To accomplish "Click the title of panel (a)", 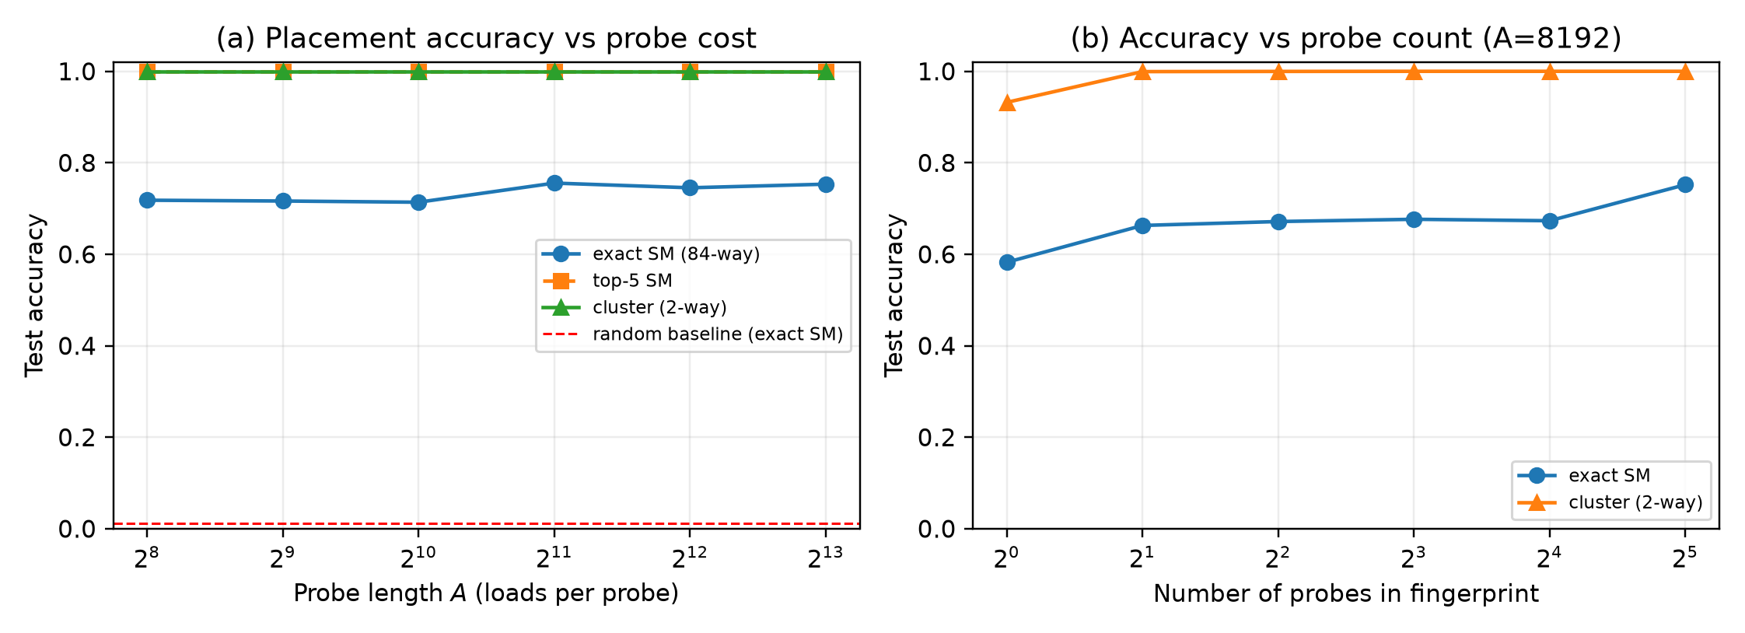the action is (486, 38).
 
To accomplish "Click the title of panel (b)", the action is (1346, 38).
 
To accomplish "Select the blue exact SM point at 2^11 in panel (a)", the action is (554, 184).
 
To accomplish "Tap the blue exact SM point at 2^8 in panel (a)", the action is (147, 201).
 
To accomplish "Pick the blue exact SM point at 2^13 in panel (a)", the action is (826, 184).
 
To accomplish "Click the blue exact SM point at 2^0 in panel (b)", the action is (1007, 262).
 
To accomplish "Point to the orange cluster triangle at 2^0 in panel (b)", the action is (1007, 103).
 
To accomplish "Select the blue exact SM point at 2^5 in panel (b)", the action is (1685, 184).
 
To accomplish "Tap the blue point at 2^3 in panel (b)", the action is (1414, 219).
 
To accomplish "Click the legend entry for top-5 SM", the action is (607, 281).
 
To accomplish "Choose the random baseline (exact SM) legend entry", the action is (693, 334).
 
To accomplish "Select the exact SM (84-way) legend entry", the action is (651, 254).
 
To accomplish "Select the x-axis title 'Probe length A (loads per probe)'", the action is (486, 593).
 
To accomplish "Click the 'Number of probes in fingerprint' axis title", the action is (1346, 593).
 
